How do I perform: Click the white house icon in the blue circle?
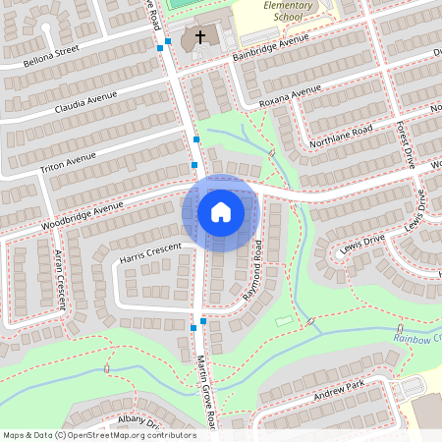[x=221, y=212]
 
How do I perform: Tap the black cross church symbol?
[x=200, y=37]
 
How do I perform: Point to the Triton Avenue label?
[x=68, y=163]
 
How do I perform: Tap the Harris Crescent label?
[x=150, y=254]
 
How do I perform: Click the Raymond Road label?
[x=252, y=269]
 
